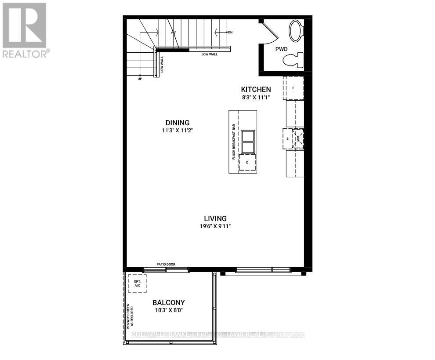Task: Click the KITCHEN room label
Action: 255,90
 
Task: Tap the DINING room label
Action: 178,123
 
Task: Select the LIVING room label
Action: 215,218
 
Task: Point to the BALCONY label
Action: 168,302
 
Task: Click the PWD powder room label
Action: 281,49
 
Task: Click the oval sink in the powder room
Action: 296,31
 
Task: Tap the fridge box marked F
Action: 293,88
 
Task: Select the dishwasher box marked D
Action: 247,163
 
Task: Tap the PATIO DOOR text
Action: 166,264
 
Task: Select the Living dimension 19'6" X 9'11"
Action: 215,226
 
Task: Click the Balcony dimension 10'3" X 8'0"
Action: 168,310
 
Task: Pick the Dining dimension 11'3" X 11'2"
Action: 178,130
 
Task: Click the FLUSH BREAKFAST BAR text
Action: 234,141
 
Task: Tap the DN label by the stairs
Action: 229,33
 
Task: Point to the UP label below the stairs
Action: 140,79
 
